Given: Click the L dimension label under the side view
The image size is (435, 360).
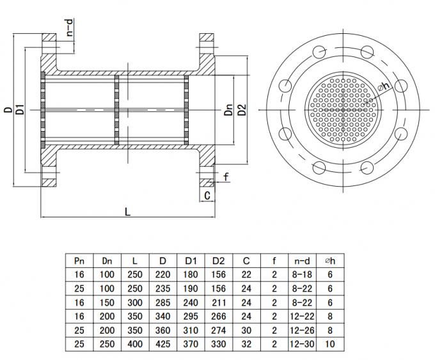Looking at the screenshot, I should [128, 213].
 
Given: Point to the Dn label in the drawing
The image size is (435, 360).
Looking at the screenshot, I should [228, 109].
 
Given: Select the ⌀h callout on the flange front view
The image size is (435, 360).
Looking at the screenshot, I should [383, 88].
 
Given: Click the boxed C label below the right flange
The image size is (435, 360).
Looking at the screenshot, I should [207, 194].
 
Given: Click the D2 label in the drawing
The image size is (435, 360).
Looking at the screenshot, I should [241, 109].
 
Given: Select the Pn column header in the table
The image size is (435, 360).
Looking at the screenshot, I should [79, 261].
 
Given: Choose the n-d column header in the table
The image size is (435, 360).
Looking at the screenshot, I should [302, 261].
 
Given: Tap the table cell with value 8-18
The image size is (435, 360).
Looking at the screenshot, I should [302, 273].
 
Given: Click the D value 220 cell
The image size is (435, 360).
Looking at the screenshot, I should [162, 273].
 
